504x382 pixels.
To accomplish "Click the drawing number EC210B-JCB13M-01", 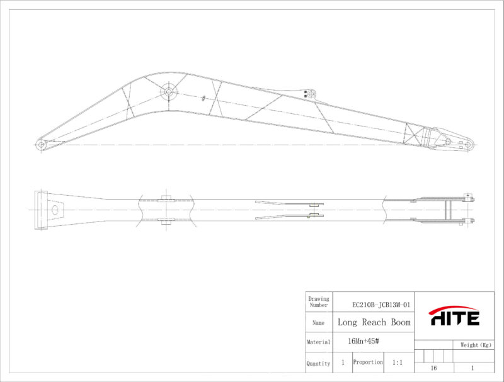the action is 381,305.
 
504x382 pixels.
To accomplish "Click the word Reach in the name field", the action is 374,322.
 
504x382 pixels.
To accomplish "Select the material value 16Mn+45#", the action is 364,341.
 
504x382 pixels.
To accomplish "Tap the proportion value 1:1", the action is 398,362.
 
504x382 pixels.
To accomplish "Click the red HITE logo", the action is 454,316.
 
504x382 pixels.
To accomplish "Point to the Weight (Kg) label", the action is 476,345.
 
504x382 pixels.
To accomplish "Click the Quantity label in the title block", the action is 318,364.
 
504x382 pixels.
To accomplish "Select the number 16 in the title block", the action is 433,368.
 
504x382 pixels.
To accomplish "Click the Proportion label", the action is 368,362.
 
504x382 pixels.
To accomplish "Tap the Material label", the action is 319,342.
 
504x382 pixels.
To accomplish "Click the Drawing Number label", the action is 319,301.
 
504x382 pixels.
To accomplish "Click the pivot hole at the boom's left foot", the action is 41,145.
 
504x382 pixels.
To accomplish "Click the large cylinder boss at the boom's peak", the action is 169,92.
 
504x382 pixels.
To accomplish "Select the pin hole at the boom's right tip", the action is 469,145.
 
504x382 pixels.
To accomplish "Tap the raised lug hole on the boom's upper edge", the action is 311,94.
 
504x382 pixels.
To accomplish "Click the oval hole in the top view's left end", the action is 55,210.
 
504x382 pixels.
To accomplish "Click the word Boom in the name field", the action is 401,322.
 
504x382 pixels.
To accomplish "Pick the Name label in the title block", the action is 318,323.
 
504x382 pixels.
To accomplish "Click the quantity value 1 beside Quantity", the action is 343,362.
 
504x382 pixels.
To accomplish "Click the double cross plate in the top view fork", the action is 448,210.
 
